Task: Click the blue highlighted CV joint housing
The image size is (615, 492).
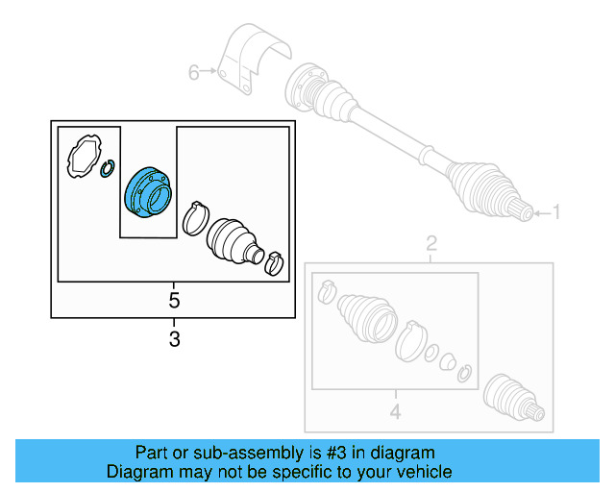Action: click(146, 192)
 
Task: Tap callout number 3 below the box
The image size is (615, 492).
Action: click(174, 338)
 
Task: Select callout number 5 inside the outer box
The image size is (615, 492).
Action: click(174, 301)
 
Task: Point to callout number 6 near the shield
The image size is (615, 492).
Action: click(193, 72)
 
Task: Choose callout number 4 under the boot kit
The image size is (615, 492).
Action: click(394, 414)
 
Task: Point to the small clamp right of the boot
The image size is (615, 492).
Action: click(276, 261)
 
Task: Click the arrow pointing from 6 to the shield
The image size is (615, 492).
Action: click(211, 72)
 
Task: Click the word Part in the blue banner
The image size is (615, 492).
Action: click(152, 453)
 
